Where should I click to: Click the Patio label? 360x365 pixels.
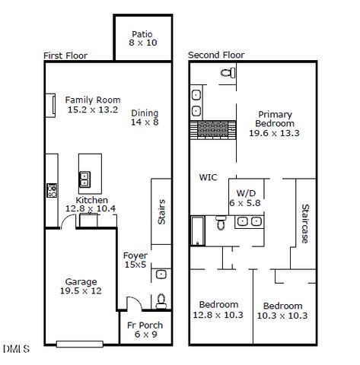(x=142, y=33)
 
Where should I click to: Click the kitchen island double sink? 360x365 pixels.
(x=85, y=180)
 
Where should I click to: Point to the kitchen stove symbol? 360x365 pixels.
(x=52, y=189)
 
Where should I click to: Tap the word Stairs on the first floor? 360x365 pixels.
(x=161, y=211)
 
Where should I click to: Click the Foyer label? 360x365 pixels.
(x=135, y=255)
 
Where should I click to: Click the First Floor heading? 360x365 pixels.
(x=65, y=56)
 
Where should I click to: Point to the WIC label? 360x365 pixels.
(x=209, y=177)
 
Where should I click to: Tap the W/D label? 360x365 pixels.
(x=246, y=193)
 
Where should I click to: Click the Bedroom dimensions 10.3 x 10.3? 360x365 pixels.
(x=283, y=315)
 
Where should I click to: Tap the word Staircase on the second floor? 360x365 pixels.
(x=304, y=223)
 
